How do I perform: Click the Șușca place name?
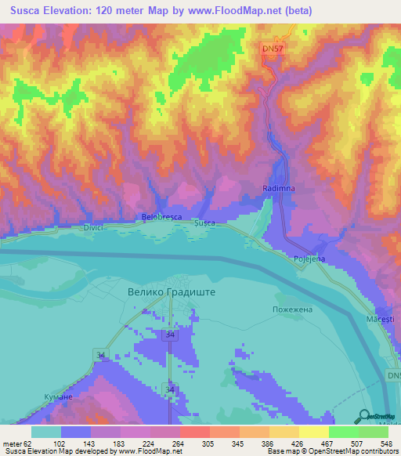[204, 224]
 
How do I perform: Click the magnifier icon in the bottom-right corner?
[365, 414]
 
